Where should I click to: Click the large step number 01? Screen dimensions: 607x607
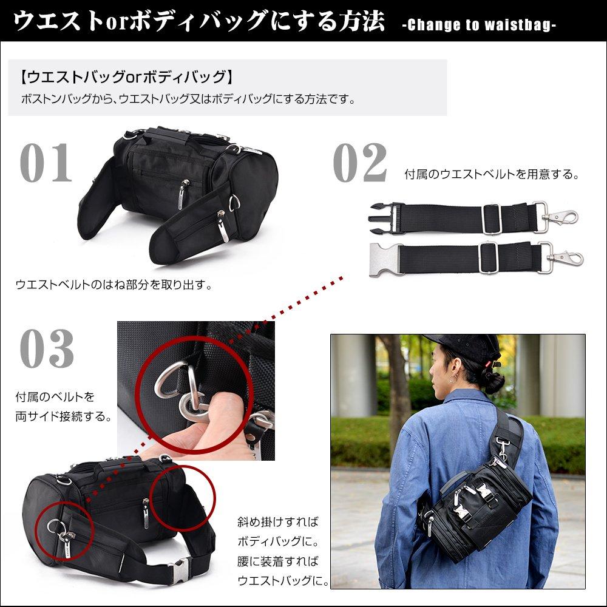point(46,163)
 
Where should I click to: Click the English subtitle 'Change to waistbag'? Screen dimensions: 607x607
point(479,25)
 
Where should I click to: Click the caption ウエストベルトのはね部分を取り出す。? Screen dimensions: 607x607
point(114,284)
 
